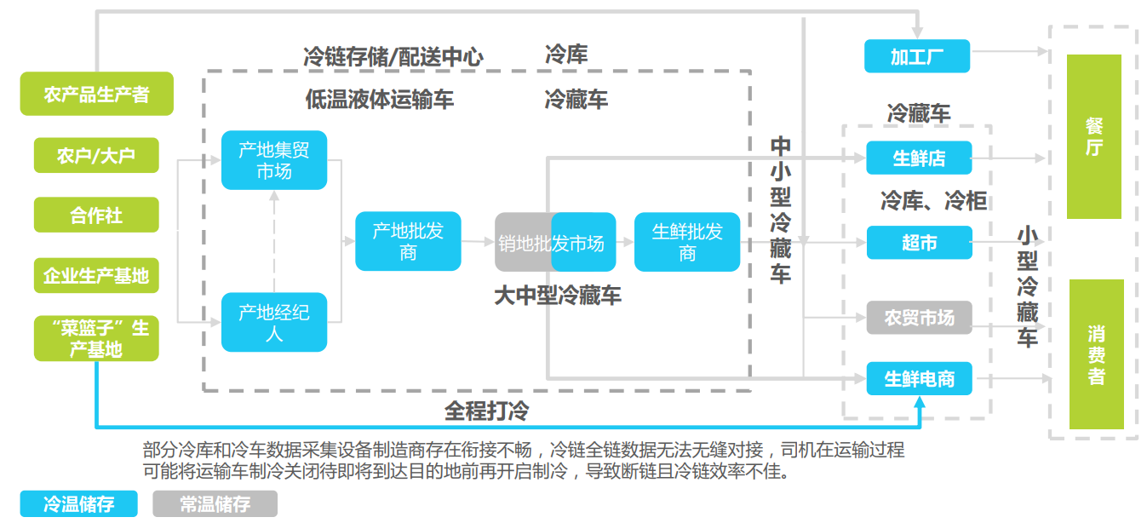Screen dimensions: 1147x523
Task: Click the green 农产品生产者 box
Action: pos(97,94)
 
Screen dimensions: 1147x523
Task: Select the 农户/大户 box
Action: pos(96,155)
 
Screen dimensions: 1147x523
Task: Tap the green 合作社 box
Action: pos(96,215)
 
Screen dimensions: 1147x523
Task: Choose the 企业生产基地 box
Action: pos(96,276)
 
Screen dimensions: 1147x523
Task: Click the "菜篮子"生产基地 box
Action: pos(96,339)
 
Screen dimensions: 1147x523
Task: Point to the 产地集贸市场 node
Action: pos(274,160)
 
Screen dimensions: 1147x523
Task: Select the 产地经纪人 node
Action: pos(274,322)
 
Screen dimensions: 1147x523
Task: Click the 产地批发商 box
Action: pos(408,241)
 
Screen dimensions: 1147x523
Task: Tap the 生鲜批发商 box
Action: pos(687,242)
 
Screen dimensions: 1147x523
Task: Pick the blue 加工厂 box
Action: pos(917,56)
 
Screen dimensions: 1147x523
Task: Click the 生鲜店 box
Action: pos(919,158)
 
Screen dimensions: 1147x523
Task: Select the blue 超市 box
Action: pos(920,242)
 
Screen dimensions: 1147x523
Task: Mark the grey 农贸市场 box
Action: pos(920,318)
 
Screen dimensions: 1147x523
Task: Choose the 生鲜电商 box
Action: pos(920,378)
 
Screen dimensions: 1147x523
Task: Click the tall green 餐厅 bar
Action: pos(1094,137)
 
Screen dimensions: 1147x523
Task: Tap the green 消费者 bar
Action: pos(1097,354)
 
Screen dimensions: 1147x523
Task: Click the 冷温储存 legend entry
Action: pos(79,504)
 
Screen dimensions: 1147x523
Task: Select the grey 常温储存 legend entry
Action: pos(215,504)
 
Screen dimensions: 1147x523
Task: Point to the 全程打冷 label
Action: pos(487,411)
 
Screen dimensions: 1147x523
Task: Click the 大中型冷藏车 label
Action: pos(558,296)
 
